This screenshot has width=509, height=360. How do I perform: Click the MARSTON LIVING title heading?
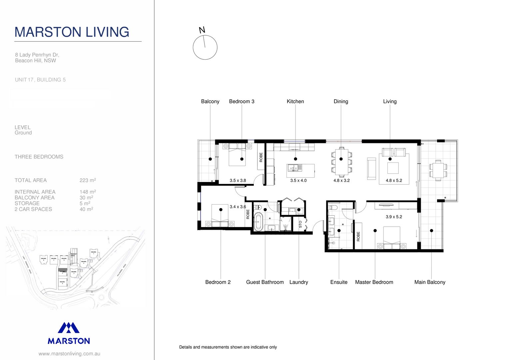coord(72,32)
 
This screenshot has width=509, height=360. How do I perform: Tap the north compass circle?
coord(205,47)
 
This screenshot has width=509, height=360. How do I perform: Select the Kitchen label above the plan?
coord(295,101)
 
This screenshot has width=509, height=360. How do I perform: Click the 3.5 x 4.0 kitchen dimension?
coord(298,180)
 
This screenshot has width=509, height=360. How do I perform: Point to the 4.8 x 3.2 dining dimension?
coord(341,180)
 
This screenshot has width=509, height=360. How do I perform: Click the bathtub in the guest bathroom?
coord(258,222)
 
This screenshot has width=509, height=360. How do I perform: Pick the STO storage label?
coord(300,224)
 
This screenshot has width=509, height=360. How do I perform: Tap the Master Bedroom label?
coord(374,282)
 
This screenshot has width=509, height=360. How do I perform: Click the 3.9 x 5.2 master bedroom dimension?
coord(394,217)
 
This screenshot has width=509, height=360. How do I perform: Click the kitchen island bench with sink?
coord(300,170)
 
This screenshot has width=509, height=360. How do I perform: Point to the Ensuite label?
coord(339,282)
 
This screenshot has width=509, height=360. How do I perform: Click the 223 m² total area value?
coord(88,180)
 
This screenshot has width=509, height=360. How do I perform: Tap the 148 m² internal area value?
coord(88,192)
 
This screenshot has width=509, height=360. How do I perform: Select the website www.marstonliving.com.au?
coord(69,354)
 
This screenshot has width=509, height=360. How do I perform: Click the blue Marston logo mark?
coord(69,328)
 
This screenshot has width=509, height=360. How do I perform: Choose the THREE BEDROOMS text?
coord(39,157)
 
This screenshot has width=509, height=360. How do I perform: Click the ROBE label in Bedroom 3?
coord(261,157)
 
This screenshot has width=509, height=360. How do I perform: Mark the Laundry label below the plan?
coord(298,282)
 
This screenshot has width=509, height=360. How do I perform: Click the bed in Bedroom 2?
coord(220,216)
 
